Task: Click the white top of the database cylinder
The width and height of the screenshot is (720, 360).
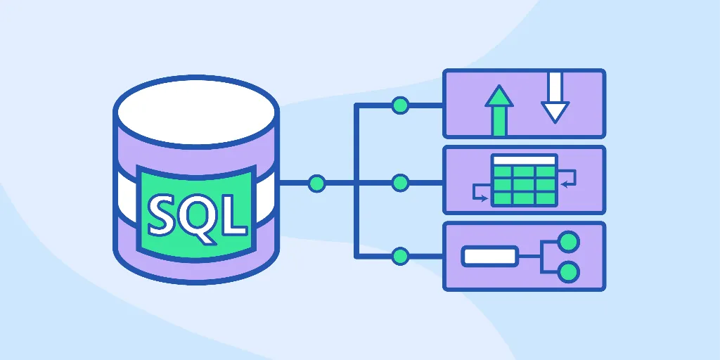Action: tap(196, 112)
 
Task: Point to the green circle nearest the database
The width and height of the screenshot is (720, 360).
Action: tap(317, 184)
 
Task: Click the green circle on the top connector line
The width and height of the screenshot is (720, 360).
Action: tap(400, 105)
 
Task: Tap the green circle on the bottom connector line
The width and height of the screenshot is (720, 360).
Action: tap(400, 256)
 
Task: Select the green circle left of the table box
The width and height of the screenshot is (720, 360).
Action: tap(400, 184)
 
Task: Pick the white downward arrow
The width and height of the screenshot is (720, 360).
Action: tap(555, 97)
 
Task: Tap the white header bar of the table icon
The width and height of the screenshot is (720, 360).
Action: tap(525, 160)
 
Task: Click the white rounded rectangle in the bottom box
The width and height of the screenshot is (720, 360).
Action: tap(490, 256)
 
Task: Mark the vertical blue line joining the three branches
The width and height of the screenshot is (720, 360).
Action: tap(356, 181)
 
